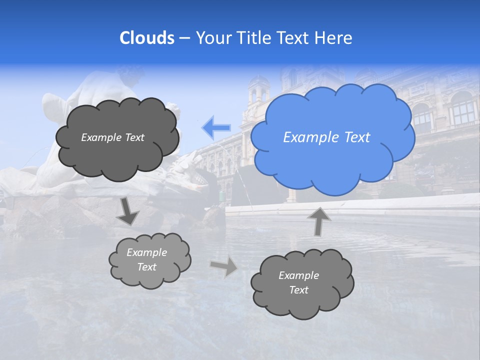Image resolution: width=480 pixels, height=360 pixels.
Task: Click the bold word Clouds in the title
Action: (146, 38)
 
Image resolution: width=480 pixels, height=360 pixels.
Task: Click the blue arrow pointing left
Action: (216, 127)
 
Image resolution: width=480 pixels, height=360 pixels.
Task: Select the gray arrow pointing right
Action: (224, 267)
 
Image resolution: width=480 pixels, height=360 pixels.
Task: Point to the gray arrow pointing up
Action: (318, 220)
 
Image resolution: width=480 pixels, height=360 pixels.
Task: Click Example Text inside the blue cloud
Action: (326, 137)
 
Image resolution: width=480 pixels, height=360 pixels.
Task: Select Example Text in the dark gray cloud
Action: (112, 137)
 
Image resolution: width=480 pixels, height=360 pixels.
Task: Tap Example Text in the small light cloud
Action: (147, 259)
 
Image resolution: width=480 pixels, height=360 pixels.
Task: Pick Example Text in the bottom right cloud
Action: (298, 282)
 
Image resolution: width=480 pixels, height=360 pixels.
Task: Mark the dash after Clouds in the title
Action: (184, 38)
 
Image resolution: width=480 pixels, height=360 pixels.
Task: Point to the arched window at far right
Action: (462, 107)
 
